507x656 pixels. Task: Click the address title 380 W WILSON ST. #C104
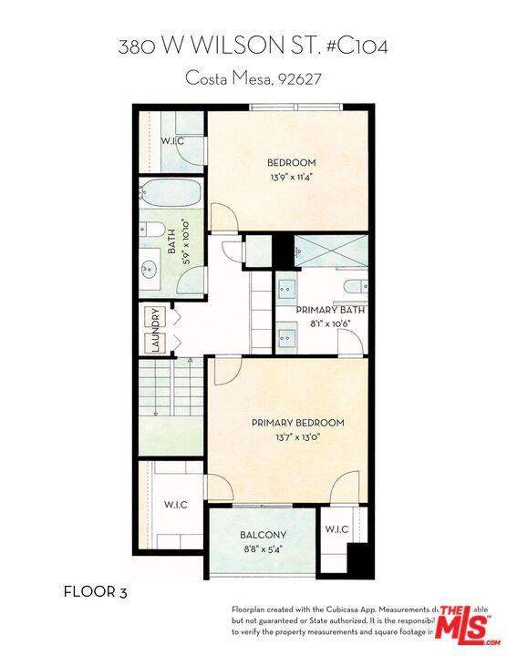[253, 46]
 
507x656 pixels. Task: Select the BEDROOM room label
[290, 163]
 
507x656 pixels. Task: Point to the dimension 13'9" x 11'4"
[290, 178]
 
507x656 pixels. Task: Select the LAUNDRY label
[155, 330]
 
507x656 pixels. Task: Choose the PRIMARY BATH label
[330, 310]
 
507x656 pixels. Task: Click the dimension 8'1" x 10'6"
[330, 323]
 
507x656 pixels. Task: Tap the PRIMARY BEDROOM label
[298, 423]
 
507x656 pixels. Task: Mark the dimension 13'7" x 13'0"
[298, 437]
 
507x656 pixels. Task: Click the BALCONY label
[264, 535]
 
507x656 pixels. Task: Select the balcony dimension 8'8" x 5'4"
[264, 549]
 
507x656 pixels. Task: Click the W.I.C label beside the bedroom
[173, 141]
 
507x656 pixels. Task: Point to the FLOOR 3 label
[95, 592]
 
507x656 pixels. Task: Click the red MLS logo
[463, 623]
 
